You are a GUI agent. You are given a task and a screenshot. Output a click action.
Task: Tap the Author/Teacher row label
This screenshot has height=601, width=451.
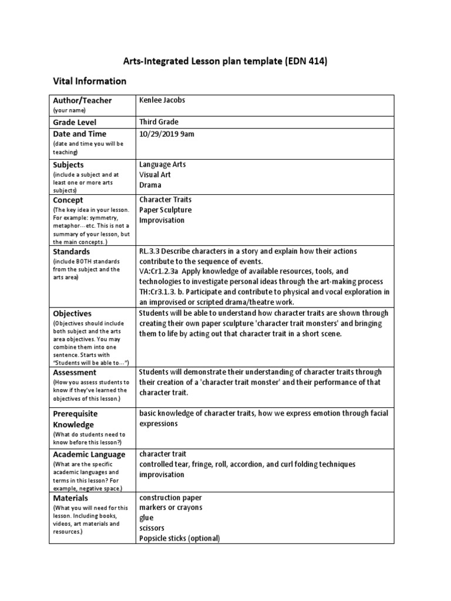pyautogui.click(x=82, y=100)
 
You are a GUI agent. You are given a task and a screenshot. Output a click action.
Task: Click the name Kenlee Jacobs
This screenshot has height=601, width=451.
pyautogui.click(x=162, y=100)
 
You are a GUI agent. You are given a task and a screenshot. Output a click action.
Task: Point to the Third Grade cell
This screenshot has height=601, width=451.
pyautogui.click(x=159, y=121)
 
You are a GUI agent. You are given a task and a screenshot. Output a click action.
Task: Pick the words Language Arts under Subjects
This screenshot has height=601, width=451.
pyautogui.click(x=163, y=164)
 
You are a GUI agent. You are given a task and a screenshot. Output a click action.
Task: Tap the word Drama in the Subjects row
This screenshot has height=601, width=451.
pyautogui.click(x=150, y=185)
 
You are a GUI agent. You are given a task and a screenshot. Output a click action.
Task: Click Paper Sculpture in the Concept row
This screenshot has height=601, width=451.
pyautogui.click(x=165, y=210)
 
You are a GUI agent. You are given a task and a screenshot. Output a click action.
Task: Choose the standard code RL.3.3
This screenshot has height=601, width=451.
pyautogui.click(x=150, y=251)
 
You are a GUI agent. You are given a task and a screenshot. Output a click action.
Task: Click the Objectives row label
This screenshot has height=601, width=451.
pyautogui.click(x=72, y=313)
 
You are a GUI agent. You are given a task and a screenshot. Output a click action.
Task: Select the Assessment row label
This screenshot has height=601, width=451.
pyautogui.click(x=75, y=372)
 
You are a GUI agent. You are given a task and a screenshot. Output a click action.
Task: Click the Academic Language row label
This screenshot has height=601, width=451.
pyautogui.click(x=89, y=454)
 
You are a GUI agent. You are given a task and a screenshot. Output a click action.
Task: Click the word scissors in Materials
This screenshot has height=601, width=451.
pyautogui.click(x=152, y=528)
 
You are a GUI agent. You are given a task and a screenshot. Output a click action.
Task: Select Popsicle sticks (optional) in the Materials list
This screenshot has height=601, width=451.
pyautogui.click(x=179, y=538)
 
